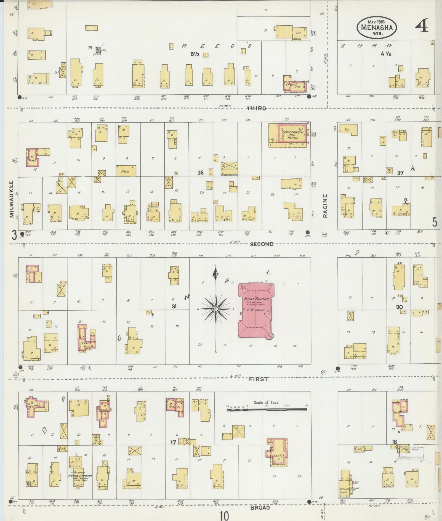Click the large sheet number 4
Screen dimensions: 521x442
pos(422,27)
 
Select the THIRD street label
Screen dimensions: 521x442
pos(257,108)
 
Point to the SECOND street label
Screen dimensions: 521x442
pos(262,244)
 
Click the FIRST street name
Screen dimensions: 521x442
pos(258,379)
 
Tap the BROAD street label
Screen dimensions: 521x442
pos(260,507)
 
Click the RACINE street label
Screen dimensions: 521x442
pos(325,206)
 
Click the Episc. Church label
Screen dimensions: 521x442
pos(80,476)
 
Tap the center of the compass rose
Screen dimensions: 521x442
pos(216,308)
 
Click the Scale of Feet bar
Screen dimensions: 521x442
pos(267,410)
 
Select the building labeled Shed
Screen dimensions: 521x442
pos(126,171)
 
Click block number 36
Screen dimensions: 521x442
pos(200,173)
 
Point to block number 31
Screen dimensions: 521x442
pos(174,306)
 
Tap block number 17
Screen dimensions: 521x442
pos(173,442)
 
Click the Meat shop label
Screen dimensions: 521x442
pos(344,492)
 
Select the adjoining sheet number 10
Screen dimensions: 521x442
pos(225,515)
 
